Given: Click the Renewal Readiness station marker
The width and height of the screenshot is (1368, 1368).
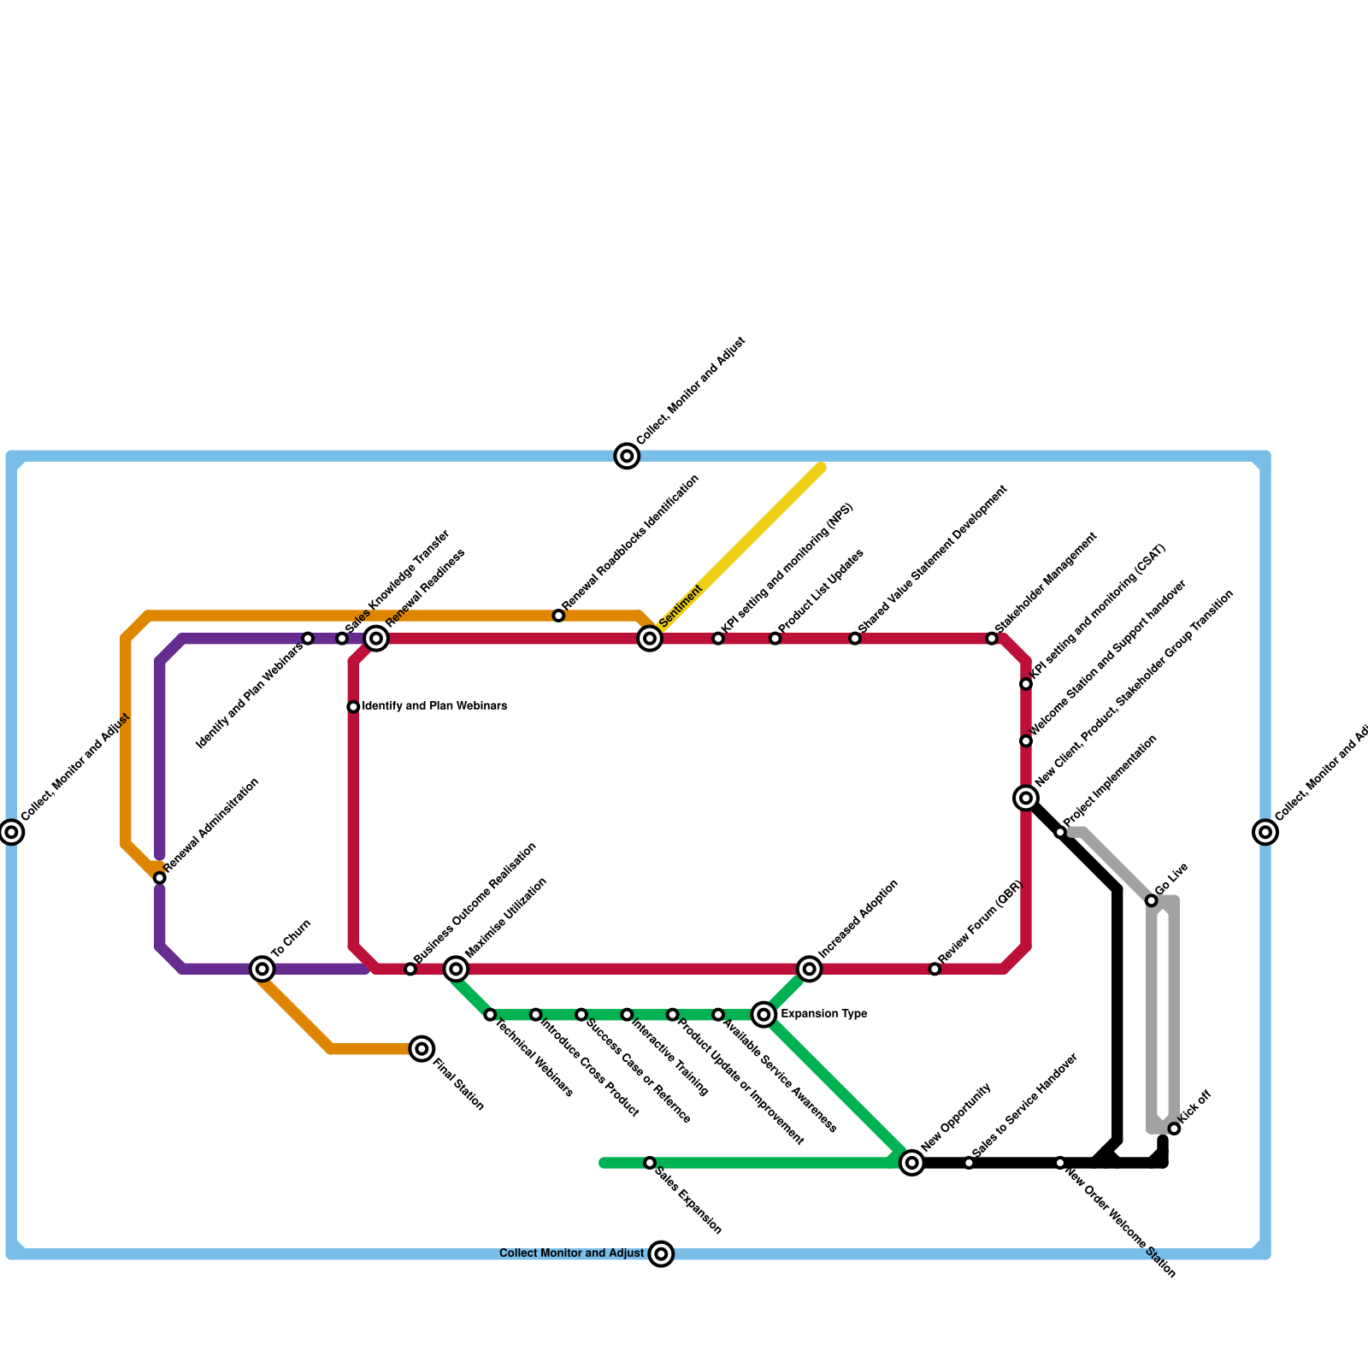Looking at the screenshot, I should [376, 639].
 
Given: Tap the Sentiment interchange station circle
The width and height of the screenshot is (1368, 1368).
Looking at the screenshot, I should [650, 639].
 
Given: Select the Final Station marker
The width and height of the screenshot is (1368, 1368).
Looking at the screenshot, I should [422, 1049].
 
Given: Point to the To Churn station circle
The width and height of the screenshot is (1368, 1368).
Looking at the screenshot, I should [262, 969].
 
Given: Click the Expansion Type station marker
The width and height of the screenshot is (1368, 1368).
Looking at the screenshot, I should [764, 1015].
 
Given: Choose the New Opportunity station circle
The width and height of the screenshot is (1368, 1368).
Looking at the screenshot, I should [912, 1163].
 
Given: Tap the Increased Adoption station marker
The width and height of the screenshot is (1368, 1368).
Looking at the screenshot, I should [810, 969].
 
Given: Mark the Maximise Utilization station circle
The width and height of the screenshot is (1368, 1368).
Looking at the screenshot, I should [457, 969].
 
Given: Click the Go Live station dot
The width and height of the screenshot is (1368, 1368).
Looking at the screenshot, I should [1152, 901].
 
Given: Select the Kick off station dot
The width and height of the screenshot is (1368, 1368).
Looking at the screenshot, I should [1175, 1129].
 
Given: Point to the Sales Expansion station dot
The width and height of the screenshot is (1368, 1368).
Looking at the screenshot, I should [650, 1163].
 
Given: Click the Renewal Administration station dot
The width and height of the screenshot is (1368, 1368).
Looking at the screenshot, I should [160, 878].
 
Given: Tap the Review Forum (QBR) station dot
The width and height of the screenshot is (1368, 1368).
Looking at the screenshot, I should [935, 969].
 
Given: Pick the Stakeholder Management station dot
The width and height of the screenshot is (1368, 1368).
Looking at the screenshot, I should [992, 639].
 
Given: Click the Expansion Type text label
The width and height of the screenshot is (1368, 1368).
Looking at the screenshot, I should [824, 1015].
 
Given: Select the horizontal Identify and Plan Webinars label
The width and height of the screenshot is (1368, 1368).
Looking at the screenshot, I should [434, 706].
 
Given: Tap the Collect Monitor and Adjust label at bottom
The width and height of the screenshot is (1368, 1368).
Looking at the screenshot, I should [571, 1253].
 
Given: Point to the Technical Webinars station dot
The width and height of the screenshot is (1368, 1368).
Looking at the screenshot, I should [490, 1015].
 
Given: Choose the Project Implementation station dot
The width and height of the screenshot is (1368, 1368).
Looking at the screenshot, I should [1060, 833].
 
